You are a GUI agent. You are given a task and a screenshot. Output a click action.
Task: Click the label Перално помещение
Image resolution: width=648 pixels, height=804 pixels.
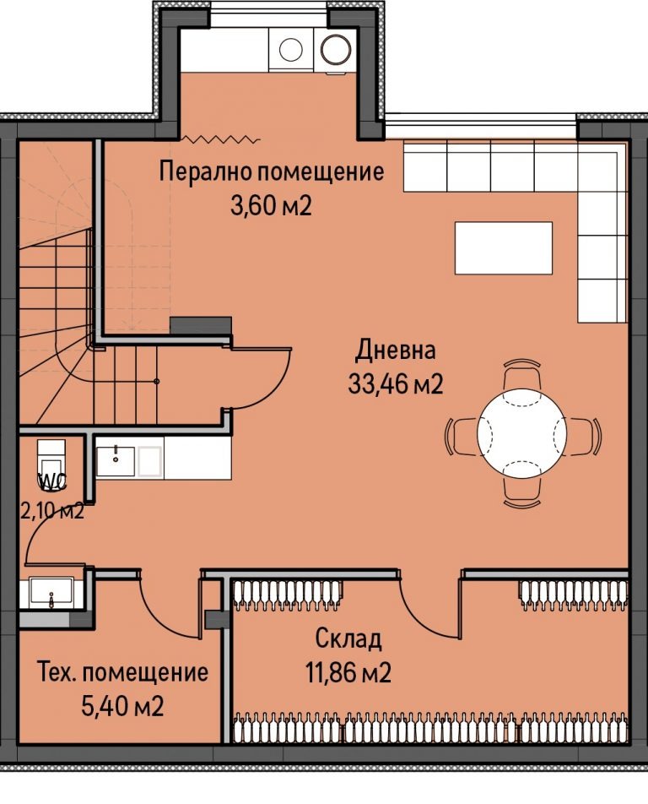click(272, 172)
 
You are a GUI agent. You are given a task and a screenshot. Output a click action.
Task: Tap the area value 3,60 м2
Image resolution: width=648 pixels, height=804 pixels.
click(271, 205)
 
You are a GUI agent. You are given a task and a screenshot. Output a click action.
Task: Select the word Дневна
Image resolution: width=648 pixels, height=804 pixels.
click(395, 350)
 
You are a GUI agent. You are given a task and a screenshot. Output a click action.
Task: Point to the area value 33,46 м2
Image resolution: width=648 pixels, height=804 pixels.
click(395, 384)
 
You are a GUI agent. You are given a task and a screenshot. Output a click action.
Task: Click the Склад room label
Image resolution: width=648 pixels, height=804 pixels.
click(348, 638)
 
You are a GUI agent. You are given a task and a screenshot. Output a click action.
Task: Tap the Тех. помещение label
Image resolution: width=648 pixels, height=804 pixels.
click(122, 673)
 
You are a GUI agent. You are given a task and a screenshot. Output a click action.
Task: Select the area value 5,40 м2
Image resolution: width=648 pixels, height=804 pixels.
click(122, 706)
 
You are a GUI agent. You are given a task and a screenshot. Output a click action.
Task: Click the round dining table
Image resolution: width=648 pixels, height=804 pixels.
click(521, 432)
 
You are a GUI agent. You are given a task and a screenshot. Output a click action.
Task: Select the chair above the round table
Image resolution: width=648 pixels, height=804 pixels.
click(521, 375)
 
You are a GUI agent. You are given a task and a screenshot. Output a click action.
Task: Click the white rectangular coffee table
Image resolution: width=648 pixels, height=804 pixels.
click(504, 247)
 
